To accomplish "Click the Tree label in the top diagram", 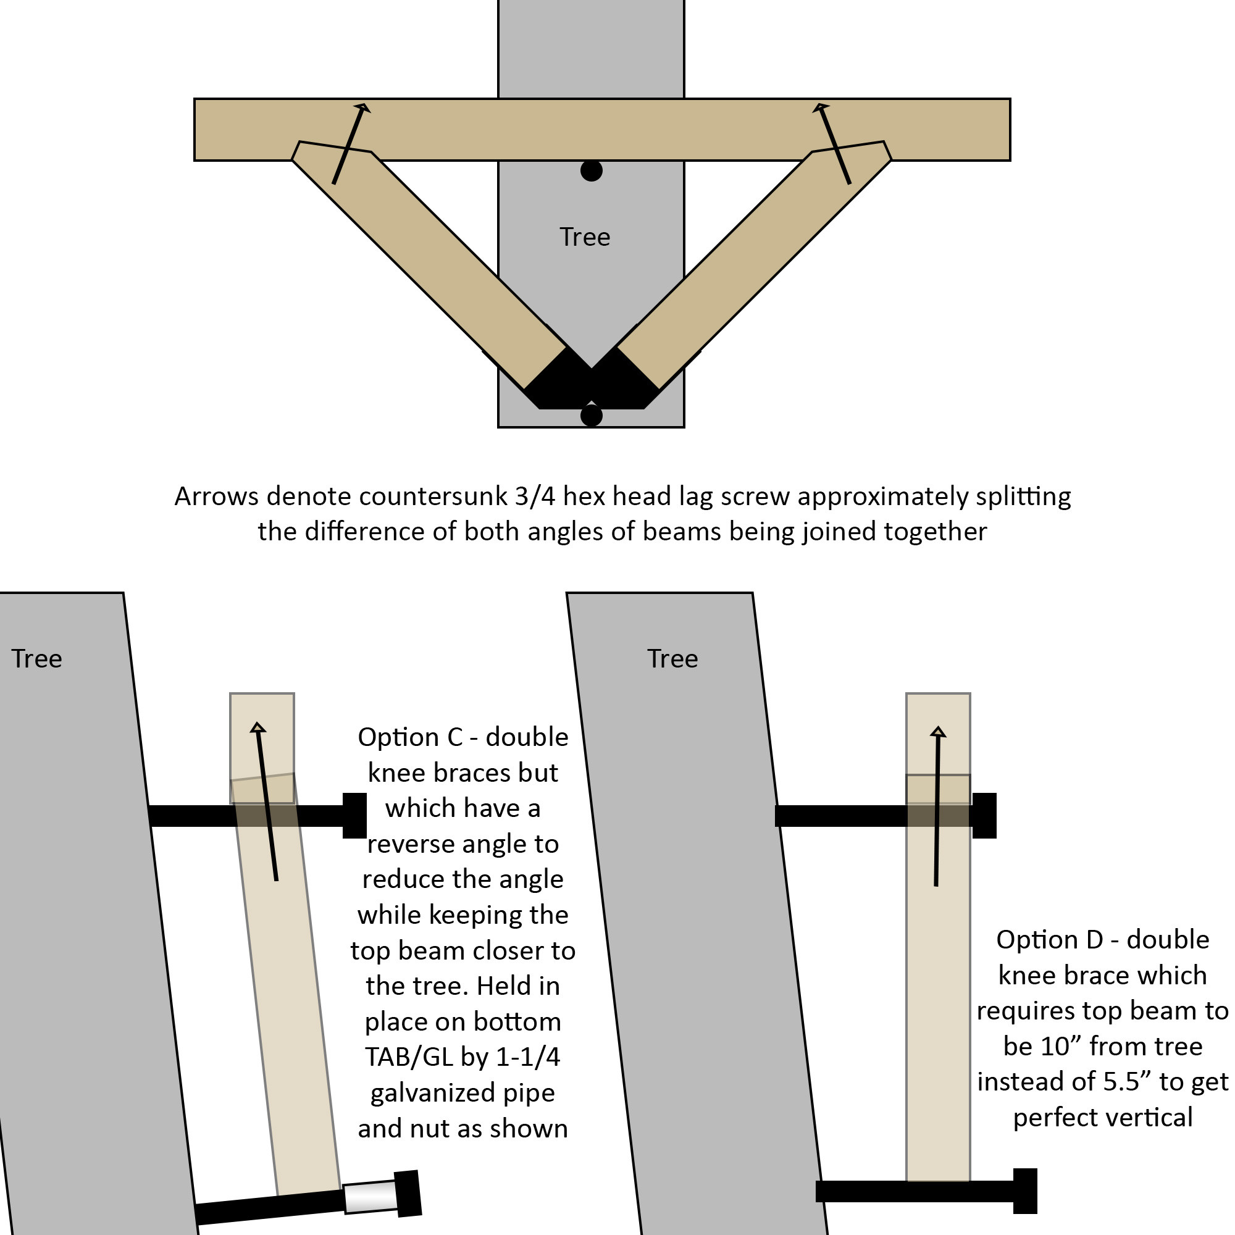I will (584, 237).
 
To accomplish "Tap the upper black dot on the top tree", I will (592, 170).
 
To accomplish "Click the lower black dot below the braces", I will (592, 416).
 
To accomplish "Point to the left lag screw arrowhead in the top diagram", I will (362, 108).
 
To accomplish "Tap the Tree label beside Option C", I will (36, 659).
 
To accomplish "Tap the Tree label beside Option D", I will (672, 659).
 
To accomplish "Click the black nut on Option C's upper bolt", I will (354, 816).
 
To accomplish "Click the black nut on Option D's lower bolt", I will (1024, 1191).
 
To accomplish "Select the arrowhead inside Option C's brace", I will (258, 727).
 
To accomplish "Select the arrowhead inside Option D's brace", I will (938, 732).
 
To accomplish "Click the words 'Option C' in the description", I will (410, 738).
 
